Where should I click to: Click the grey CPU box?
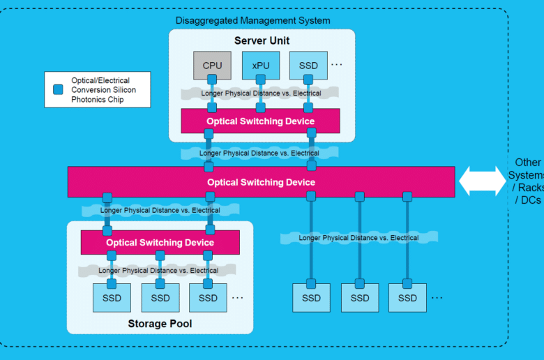pyautogui.click(x=212, y=66)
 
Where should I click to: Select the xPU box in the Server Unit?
pyautogui.click(x=261, y=66)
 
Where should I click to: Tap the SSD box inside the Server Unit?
pyautogui.click(x=308, y=66)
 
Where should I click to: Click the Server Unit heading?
pyautogui.click(x=262, y=40)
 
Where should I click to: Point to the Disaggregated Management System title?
pyautogui.click(x=252, y=20)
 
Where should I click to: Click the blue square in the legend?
pyautogui.click(x=58, y=89)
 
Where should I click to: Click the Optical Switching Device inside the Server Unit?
pyautogui.click(x=260, y=121)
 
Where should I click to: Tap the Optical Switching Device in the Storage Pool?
pyautogui.click(x=160, y=242)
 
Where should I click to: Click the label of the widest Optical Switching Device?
pyautogui.click(x=262, y=182)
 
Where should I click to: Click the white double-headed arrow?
pyautogui.click(x=483, y=181)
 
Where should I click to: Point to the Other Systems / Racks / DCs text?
pyautogui.click(x=527, y=181)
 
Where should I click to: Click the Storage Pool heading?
pyautogui.click(x=160, y=324)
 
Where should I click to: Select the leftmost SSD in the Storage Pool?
pyautogui.click(x=112, y=298)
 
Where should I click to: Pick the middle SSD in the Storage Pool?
pyautogui.click(x=160, y=298)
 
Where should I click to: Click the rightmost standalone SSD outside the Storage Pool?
pyautogui.click(x=407, y=298)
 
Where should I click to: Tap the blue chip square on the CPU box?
pyautogui.click(x=212, y=80)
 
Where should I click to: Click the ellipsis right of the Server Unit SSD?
pyautogui.click(x=337, y=65)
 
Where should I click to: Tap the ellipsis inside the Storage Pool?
pyautogui.click(x=237, y=297)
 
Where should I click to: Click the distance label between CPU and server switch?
pyautogui.click(x=261, y=93)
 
